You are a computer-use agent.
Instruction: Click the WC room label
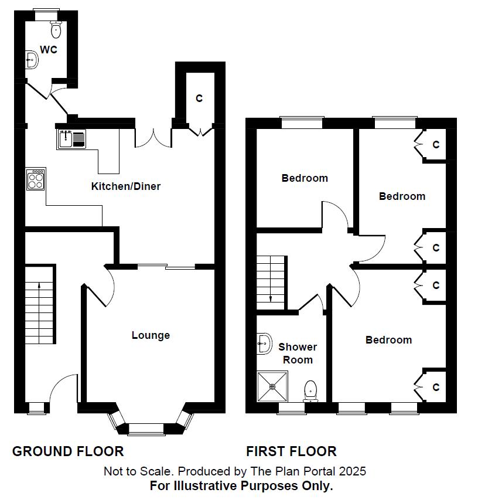[49, 49]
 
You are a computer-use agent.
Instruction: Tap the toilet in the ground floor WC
[56, 29]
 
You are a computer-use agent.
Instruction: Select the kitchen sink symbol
[71, 139]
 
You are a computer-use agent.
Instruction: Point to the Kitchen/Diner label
[125, 186]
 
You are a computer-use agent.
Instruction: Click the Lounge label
[151, 335]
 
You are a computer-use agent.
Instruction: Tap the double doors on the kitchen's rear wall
[153, 138]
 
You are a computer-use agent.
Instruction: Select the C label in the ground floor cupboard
[199, 98]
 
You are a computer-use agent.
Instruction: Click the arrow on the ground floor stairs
[39, 286]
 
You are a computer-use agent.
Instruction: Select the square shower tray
[272, 386]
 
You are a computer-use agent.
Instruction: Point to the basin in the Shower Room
[264, 344]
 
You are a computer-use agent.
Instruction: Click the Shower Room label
[298, 354]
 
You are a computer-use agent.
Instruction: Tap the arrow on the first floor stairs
[271, 298]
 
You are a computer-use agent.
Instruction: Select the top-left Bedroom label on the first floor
[305, 178]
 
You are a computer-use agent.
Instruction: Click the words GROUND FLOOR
[68, 451]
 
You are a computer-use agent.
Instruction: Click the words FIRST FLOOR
[291, 451]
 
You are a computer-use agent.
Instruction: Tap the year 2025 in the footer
[354, 471]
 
